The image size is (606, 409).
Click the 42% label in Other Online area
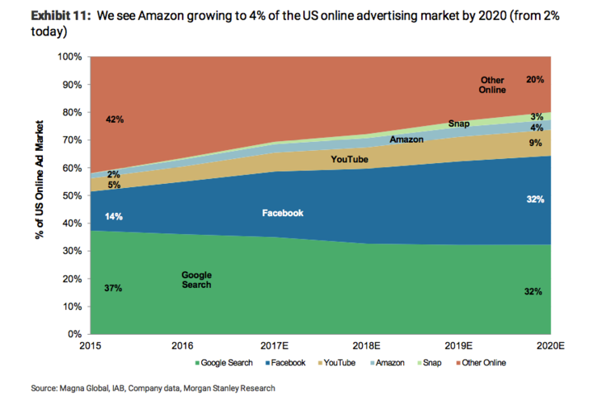tap(114, 119)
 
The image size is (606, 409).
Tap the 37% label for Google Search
tap(113, 288)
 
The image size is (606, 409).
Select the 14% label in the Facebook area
tap(113, 216)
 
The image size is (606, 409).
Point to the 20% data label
tap(535, 80)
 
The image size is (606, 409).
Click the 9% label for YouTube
tap(536, 144)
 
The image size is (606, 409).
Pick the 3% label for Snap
tap(536, 117)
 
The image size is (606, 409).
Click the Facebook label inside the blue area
tap(283, 213)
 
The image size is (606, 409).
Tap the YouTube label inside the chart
tap(350, 160)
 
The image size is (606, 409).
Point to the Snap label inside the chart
tap(459, 124)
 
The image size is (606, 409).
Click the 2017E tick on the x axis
tap(275, 345)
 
